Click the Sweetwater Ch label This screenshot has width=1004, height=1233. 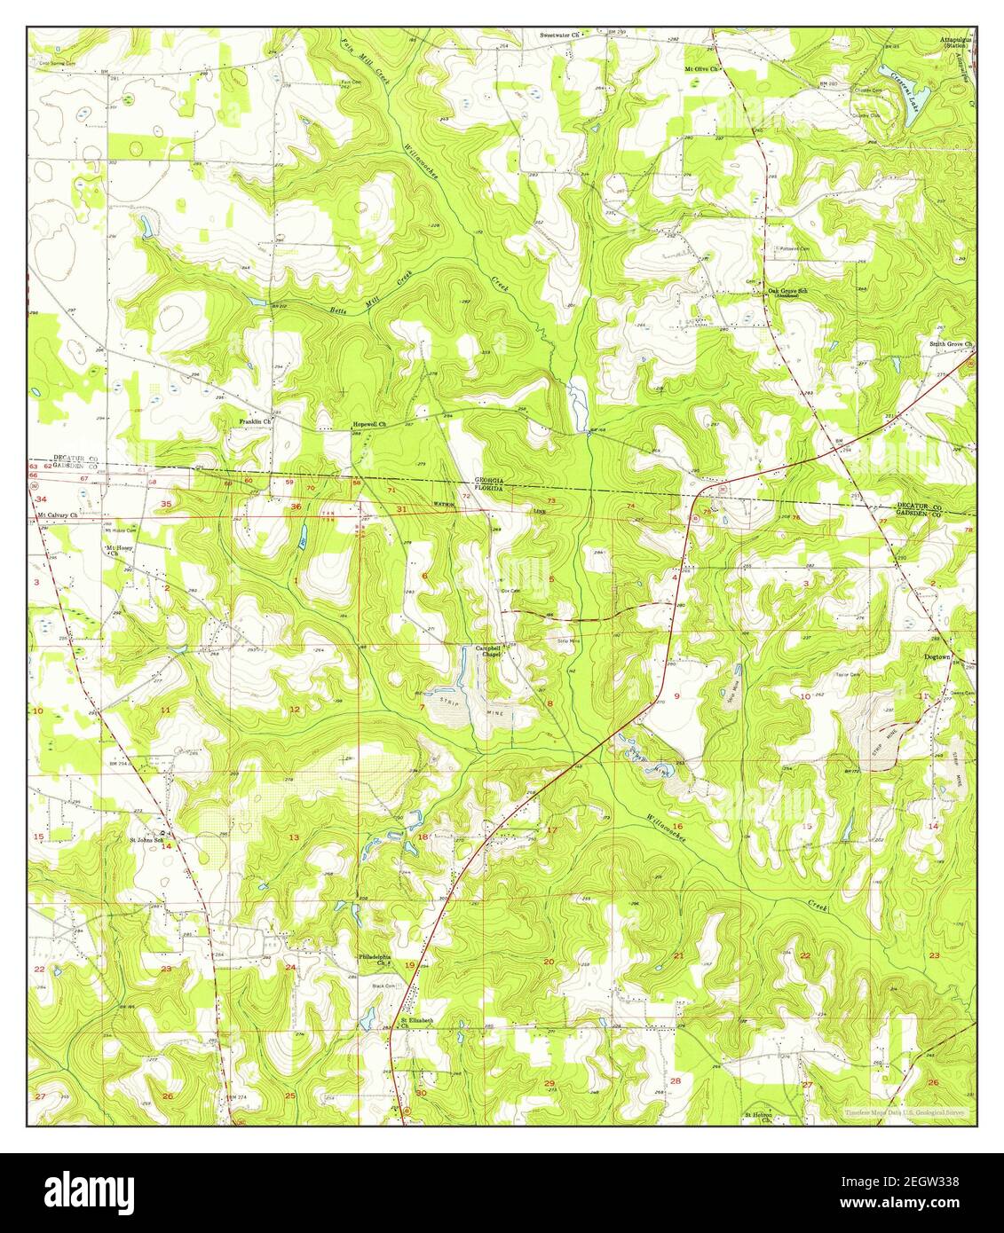(559, 35)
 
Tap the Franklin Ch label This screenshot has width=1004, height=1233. (253, 421)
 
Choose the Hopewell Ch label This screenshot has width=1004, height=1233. (370, 424)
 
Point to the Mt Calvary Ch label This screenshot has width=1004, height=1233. (57, 514)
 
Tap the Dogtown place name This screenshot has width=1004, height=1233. (937, 657)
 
